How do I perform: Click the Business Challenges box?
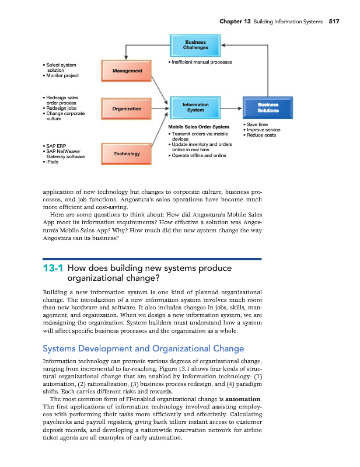point(195,45)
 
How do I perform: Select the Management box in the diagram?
point(127,71)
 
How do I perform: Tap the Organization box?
point(127,109)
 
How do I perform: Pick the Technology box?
point(127,154)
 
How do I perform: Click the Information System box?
point(195,107)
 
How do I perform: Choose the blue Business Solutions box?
point(268,107)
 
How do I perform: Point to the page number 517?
point(334,22)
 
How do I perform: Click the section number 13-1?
point(53,269)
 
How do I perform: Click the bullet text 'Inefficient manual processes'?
point(201,62)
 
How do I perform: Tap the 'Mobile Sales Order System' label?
point(198,127)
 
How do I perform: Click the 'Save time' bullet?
point(257,124)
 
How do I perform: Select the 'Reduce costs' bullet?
point(261,135)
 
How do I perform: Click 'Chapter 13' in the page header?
point(235,22)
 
